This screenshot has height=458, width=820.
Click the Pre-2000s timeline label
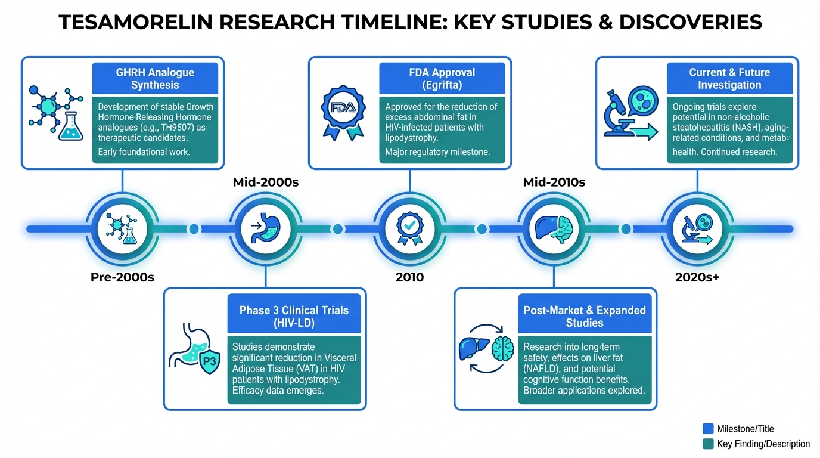point(122,277)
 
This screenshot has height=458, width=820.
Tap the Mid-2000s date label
point(265,182)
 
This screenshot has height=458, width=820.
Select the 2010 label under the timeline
point(409,277)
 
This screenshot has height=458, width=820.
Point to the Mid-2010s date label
point(554,182)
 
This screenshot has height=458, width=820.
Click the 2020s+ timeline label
point(697,277)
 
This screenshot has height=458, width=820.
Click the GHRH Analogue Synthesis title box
point(155,79)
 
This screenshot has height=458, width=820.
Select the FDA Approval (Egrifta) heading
point(442,79)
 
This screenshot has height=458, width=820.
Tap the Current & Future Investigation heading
point(729,79)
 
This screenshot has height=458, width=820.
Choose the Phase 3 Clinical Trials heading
point(294,316)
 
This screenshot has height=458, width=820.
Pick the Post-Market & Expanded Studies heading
point(585,316)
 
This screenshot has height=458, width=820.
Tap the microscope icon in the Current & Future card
point(623,113)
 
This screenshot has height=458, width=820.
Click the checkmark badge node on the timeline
point(409,229)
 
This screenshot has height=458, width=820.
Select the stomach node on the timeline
point(265,229)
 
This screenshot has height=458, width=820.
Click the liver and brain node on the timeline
point(554,229)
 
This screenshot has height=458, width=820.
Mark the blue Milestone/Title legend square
point(708,428)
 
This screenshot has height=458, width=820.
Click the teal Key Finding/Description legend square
point(708,444)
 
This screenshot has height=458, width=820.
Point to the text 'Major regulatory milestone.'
point(437,152)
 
